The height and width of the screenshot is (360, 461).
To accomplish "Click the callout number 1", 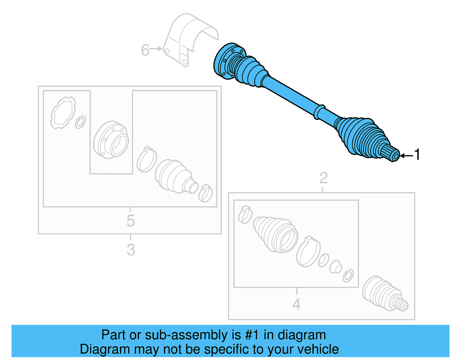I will (x=417, y=155).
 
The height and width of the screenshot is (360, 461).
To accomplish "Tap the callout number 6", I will (x=145, y=50).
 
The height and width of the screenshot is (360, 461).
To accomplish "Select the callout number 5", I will (x=131, y=221).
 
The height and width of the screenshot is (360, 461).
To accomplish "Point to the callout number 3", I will (x=131, y=250).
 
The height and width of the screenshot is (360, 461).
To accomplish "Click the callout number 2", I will (x=323, y=178).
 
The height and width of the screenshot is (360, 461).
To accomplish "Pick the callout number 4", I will (x=296, y=304).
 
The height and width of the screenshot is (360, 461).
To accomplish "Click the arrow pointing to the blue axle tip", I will (x=407, y=156).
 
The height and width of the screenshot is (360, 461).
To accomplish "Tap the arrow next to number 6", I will (x=157, y=49).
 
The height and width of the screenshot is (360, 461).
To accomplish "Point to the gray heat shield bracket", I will (x=190, y=37).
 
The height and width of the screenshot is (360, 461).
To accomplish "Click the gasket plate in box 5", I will (x=63, y=113).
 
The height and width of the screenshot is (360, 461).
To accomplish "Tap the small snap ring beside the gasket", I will (x=80, y=122).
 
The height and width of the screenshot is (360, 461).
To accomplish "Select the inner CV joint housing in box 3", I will (x=111, y=140).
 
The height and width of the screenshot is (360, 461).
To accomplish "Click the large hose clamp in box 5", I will (x=147, y=160).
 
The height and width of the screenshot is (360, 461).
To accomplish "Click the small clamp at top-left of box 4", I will (x=245, y=214).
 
